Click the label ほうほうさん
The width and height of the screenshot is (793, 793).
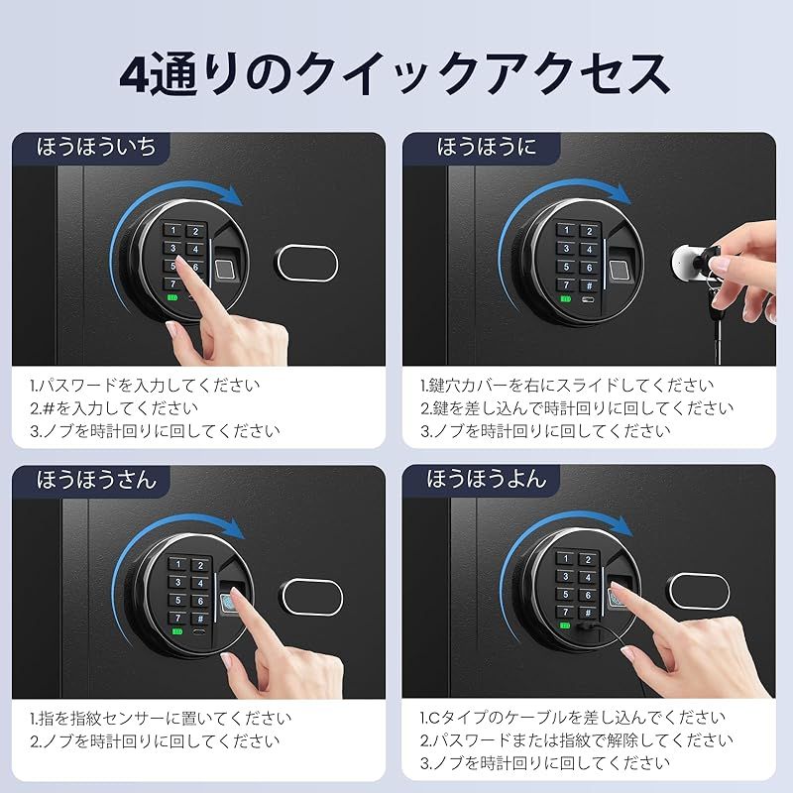tap(96, 480)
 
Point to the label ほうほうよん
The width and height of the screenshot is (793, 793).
tap(486, 480)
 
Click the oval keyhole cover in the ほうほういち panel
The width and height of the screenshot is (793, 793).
tap(309, 261)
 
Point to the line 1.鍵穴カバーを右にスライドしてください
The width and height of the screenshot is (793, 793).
tap(565, 385)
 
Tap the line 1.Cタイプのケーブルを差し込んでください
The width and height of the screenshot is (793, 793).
tap(572, 718)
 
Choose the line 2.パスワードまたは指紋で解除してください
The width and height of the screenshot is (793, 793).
tap(576, 740)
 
